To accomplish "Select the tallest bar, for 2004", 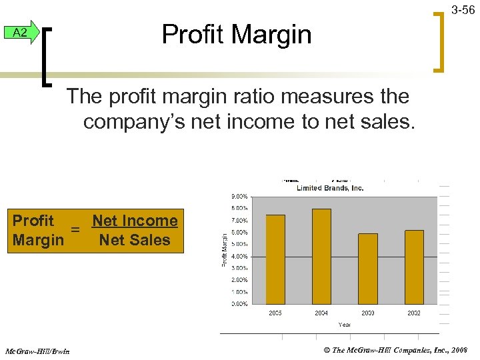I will point(321,256).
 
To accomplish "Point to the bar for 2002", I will point(414,267).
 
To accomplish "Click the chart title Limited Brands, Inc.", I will point(330,188).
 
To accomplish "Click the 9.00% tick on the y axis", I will point(239,197).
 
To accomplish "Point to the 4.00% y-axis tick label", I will point(239,256).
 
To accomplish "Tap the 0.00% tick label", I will point(239,303).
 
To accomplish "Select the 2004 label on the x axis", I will point(321,313).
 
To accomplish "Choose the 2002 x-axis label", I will point(414,313).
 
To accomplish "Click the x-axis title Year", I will point(345,324).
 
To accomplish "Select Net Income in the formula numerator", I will point(135,221).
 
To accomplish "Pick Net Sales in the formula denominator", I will point(135,239).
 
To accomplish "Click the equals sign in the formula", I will point(76,230).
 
